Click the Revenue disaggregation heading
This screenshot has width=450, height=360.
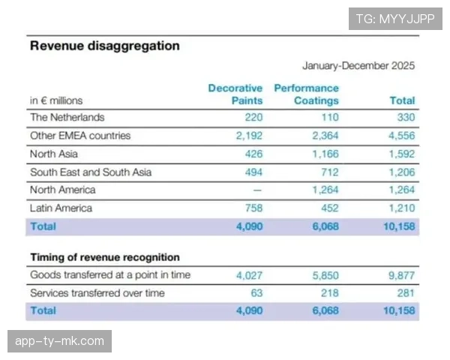click(104, 46)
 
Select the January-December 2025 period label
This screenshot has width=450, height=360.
click(358, 66)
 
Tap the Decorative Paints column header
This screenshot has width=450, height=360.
click(235, 94)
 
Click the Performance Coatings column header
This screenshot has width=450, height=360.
click(306, 94)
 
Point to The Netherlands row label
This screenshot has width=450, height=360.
click(67, 118)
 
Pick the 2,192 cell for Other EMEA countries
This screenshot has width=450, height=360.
click(248, 136)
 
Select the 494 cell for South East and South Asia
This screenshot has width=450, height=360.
click(253, 172)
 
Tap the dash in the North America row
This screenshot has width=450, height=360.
click(257, 190)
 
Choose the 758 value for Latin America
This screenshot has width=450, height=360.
click(253, 208)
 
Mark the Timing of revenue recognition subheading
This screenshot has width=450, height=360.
click(104, 257)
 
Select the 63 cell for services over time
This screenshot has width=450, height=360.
click(256, 292)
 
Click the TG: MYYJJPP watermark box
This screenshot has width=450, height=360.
click(395, 19)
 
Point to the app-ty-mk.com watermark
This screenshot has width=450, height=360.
click(60, 341)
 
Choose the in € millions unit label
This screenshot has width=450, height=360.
click(56, 100)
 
